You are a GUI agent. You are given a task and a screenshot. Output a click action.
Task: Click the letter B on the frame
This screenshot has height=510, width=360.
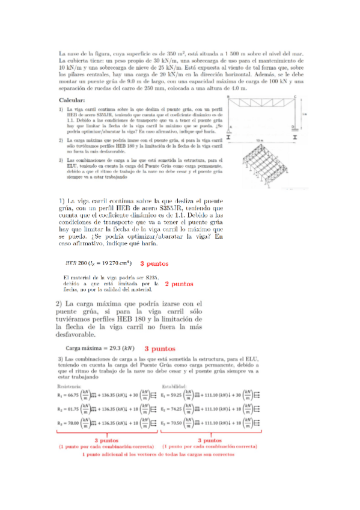(228, 96)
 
